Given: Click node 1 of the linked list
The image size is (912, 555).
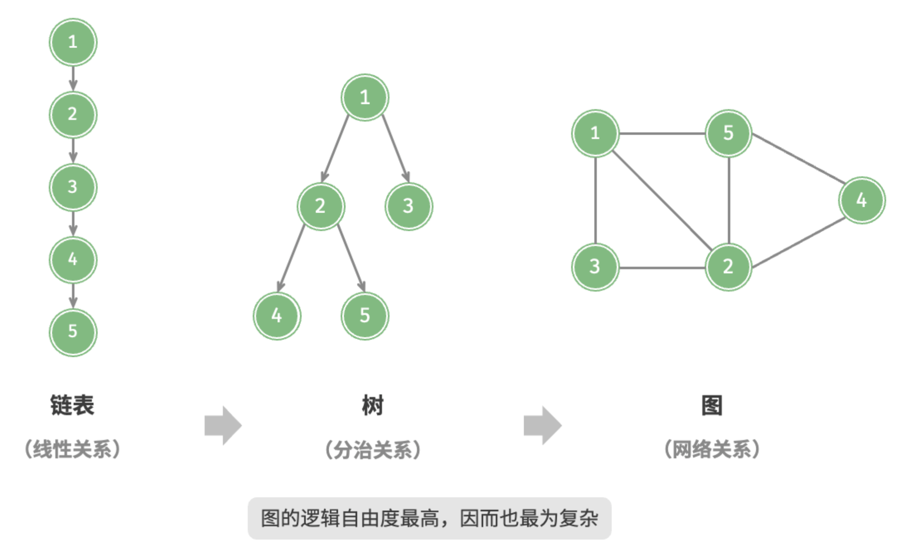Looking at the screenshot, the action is tap(73, 42).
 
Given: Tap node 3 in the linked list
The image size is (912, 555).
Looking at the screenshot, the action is tap(73, 187).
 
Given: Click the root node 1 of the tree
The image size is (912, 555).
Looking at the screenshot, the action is tap(365, 98).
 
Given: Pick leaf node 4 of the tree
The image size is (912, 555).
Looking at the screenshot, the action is tap(277, 316).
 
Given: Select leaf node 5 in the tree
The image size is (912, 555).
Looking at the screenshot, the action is tap(365, 316).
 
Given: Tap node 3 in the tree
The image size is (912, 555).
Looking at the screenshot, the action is tap(409, 206).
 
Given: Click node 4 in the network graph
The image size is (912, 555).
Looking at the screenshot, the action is tap(862, 201).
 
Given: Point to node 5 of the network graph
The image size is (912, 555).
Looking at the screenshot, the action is tap(729, 133).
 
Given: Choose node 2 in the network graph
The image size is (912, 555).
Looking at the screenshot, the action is tap(729, 267).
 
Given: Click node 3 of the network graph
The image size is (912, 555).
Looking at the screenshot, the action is tap(595, 267).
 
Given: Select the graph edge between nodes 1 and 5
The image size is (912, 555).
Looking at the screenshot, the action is tap(662, 134).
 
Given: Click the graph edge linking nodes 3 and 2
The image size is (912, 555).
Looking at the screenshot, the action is tap(662, 268).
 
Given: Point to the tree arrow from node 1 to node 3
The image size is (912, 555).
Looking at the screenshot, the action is tap(396, 148).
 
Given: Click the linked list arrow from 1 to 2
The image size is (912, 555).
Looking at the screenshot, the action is tap(73, 79).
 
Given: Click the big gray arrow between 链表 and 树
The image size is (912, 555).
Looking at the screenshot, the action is tap(223, 426).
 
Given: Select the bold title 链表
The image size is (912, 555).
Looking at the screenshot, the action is tap(72, 405).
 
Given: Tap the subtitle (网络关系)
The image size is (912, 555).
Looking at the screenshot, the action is tap(712, 450).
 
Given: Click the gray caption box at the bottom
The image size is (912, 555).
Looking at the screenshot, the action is tap(429, 518).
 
